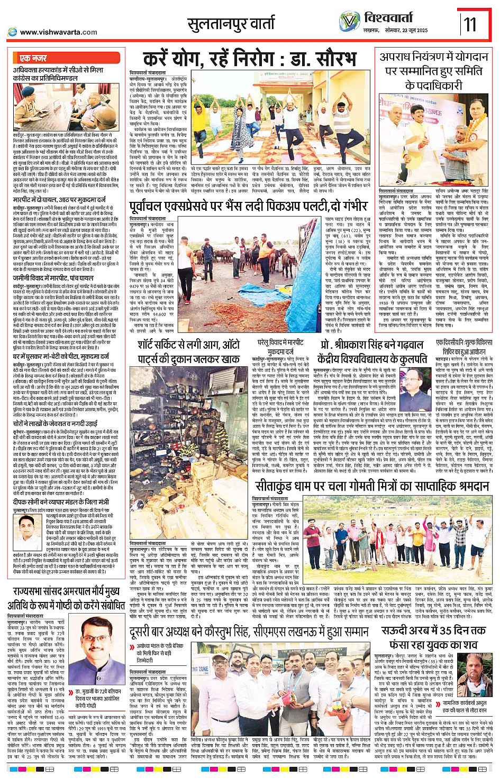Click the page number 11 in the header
(470, 24)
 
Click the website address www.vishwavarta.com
(58, 32)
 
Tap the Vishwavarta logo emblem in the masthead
(350, 21)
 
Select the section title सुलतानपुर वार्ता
(231, 24)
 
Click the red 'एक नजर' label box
(33, 58)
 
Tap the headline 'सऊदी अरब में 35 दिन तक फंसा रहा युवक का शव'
(434, 637)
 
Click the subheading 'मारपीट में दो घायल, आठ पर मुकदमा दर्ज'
(59, 200)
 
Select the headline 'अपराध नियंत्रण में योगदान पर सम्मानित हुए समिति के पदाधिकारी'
(434, 71)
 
